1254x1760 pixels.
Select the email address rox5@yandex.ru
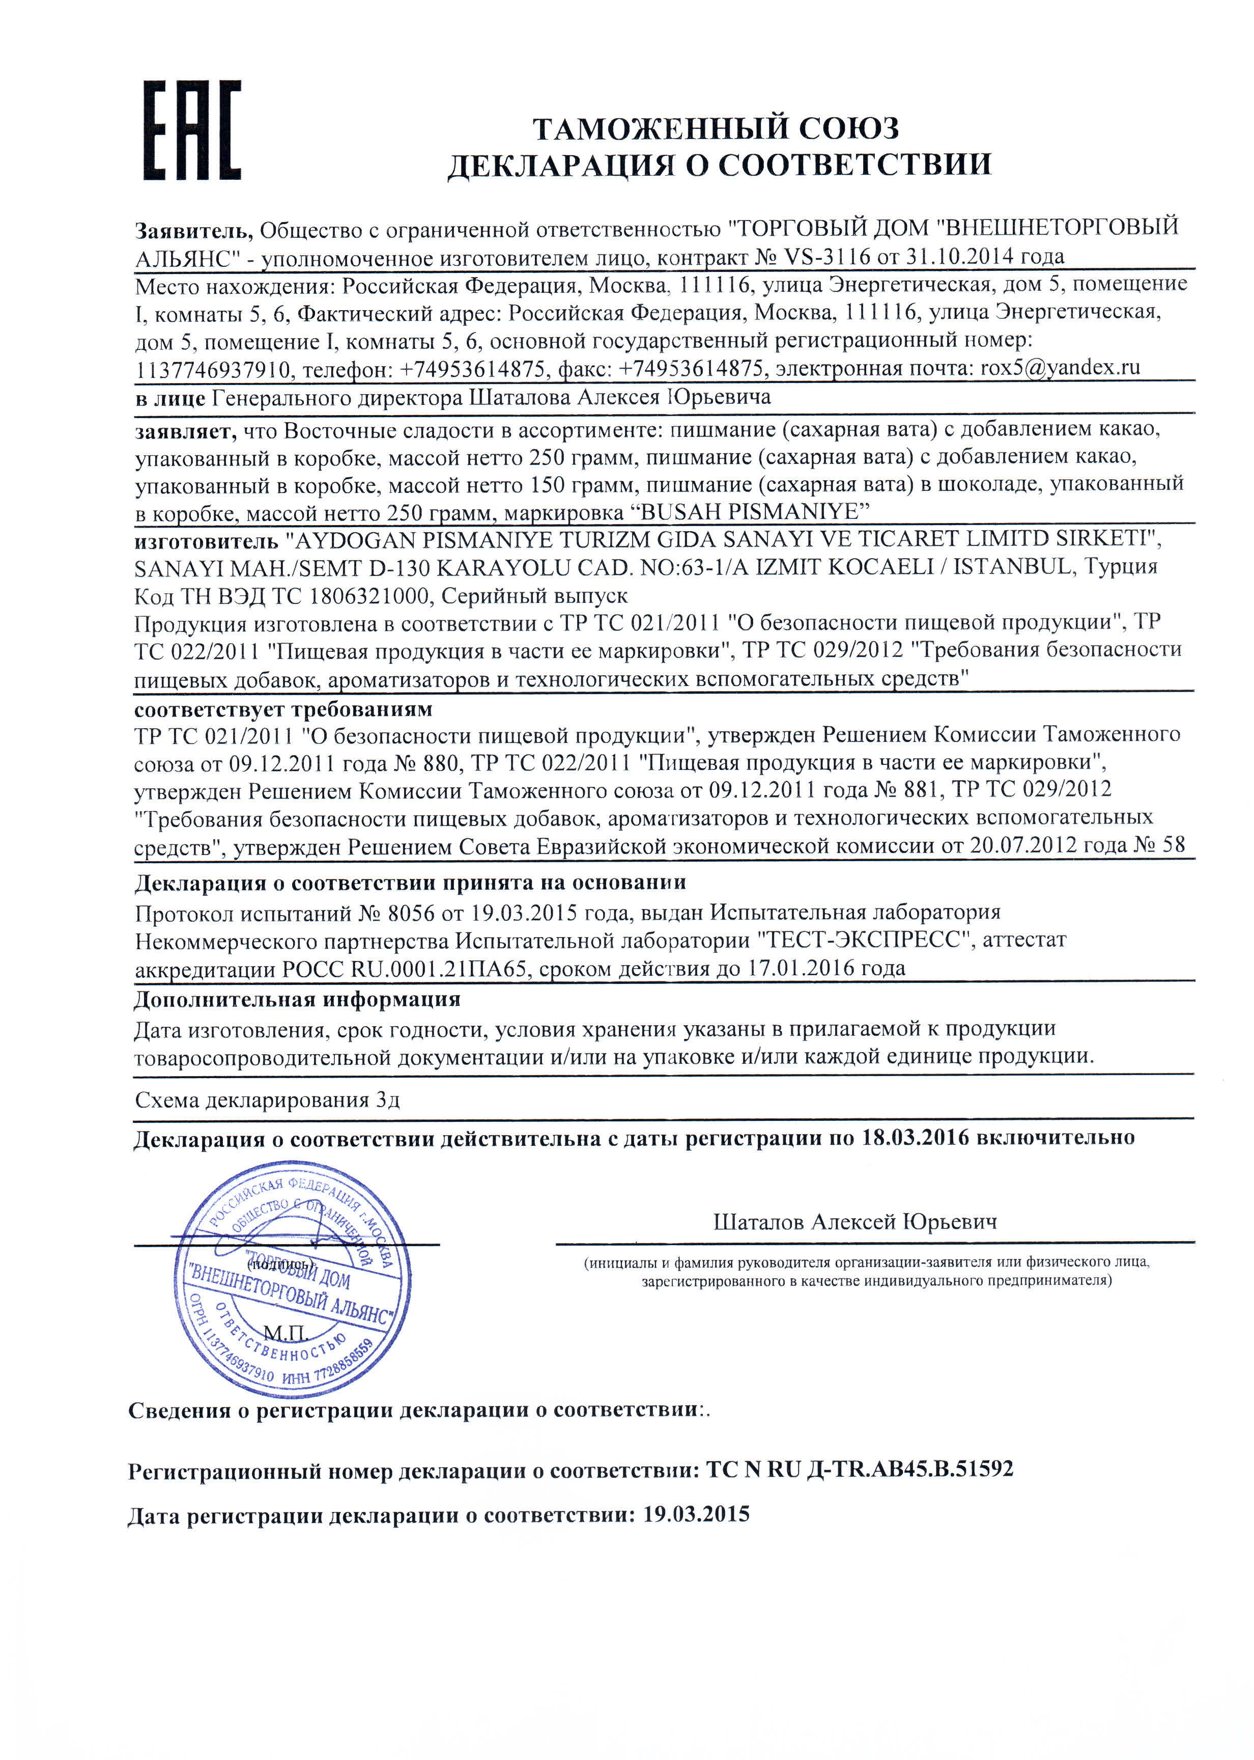pyautogui.click(x=1060, y=368)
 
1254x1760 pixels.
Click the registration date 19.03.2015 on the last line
pyautogui.click(x=696, y=1514)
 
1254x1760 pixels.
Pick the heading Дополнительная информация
pyautogui.click(x=297, y=1000)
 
